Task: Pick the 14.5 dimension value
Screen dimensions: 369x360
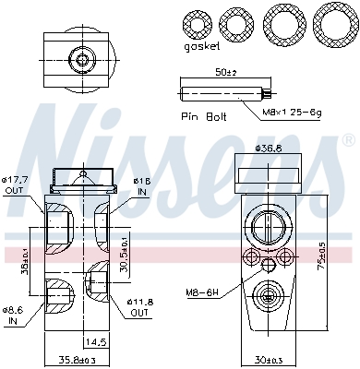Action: coord(95,341)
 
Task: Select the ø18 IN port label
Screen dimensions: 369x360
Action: coord(142,185)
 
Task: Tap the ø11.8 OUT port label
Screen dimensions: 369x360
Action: coord(140,305)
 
